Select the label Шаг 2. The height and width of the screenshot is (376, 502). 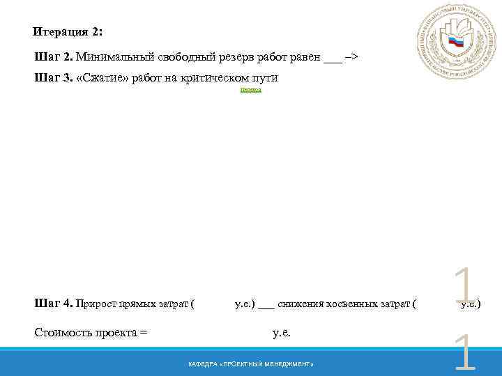tap(53, 56)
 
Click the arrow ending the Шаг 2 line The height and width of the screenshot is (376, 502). tap(351, 56)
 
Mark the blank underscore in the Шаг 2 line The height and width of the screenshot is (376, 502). tap(333, 59)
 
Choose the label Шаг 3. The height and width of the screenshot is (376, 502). tap(53, 77)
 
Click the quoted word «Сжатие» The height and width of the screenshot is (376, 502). tap(103, 77)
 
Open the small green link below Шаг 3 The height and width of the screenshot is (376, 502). tap(250, 91)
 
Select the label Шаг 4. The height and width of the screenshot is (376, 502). tap(53, 303)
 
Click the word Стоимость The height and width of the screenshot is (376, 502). tap(62, 332)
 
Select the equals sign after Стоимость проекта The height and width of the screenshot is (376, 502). tap(144, 333)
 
